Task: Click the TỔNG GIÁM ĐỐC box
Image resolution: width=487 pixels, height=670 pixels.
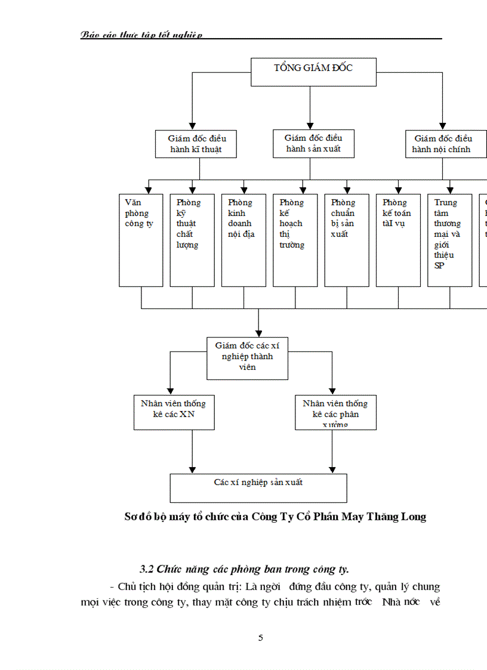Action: pyautogui.click(x=313, y=72)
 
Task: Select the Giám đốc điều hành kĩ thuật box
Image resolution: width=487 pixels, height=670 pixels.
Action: pyautogui.click(x=196, y=144)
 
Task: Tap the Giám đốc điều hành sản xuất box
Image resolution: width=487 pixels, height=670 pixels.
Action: pyautogui.click(x=313, y=144)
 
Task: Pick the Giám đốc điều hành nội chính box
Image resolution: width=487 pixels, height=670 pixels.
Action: pyautogui.click(x=442, y=144)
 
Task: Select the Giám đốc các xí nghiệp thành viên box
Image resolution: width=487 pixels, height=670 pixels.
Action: pyautogui.click(x=248, y=358)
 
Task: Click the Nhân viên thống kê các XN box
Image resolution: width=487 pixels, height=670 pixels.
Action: pyautogui.click(x=173, y=412)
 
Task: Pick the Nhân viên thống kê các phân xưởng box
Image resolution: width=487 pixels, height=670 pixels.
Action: pyautogui.click(x=335, y=412)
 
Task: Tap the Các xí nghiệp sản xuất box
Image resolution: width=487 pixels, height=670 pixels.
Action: pyautogui.click(x=258, y=487)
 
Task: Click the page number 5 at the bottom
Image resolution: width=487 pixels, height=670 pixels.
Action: pyautogui.click(x=260, y=638)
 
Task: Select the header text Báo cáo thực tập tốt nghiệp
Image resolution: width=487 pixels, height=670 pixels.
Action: pyautogui.click(x=141, y=35)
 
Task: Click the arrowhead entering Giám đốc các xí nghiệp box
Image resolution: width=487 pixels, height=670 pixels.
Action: pyautogui.click(x=258, y=333)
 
